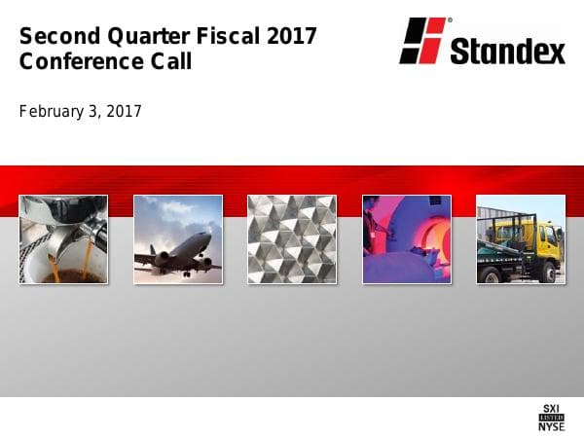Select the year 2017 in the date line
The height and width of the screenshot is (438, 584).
tap(124, 112)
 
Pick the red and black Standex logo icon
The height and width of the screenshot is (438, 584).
tap(422, 41)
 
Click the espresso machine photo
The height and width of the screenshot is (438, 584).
tap(63, 239)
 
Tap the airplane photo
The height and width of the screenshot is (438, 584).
tap(177, 239)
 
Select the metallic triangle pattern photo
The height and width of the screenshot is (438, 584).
tap(292, 239)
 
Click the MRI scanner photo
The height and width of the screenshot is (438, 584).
tap(406, 239)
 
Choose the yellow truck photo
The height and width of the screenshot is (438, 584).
tap(520, 239)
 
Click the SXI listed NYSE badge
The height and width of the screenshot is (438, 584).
tap(551, 416)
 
